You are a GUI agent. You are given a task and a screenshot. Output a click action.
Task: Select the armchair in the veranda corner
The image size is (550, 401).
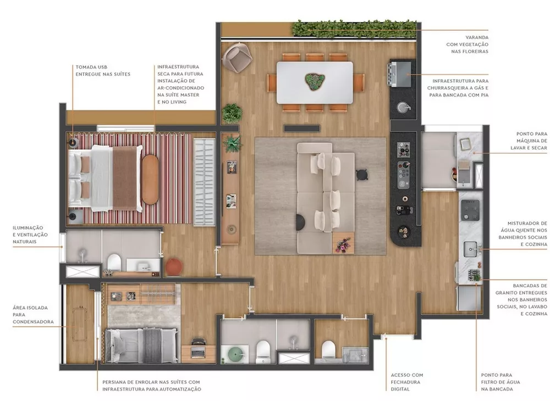click(x=238, y=57)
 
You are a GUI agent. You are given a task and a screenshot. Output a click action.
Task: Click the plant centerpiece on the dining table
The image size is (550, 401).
click(x=315, y=81)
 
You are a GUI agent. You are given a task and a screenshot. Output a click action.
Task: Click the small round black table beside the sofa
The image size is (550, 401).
click(x=361, y=174)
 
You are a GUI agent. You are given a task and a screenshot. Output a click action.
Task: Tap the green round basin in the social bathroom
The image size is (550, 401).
click(x=233, y=353)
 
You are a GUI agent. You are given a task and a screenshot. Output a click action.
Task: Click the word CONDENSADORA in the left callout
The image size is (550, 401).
click(x=34, y=321)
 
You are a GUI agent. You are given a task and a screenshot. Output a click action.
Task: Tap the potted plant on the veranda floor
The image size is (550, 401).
click(x=232, y=113)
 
